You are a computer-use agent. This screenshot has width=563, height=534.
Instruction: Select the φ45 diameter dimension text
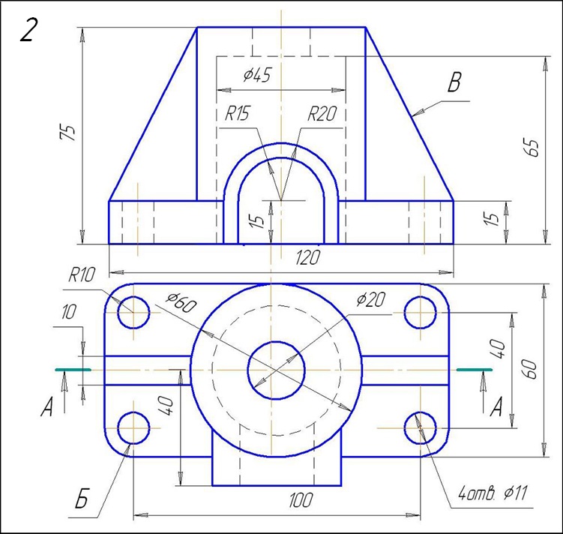tap(256, 75)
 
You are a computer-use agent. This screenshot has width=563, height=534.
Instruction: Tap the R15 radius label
tap(238, 114)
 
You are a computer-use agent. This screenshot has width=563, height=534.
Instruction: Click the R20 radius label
tap(322, 114)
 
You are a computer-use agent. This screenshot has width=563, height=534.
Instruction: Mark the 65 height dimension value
tap(533, 148)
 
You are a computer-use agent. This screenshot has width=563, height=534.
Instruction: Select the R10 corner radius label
tap(81, 275)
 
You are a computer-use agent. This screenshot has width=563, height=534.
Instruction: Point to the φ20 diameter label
tap(370, 300)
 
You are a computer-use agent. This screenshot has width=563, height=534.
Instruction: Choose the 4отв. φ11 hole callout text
tap(493, 493)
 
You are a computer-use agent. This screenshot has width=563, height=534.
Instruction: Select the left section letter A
tap(47, 408)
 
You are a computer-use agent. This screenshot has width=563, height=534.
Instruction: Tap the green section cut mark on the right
tap(474, 370)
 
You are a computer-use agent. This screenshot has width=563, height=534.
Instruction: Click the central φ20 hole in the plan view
tap(275, 370)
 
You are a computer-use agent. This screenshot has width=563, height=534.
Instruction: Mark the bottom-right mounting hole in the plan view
tap(421, 427)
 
